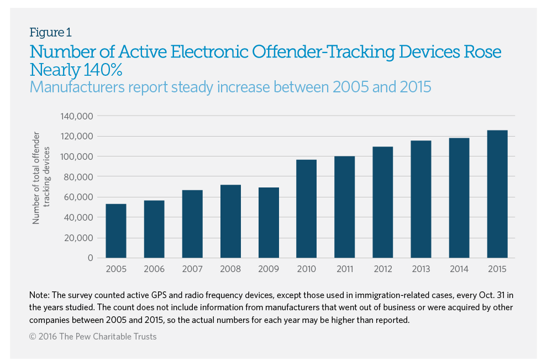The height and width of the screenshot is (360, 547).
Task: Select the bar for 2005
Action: click(116, 231)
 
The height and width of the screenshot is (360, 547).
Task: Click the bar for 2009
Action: click(269, 222)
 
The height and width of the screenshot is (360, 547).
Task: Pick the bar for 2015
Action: click(497, 194)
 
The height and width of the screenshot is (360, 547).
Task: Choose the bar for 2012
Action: click(383, 202)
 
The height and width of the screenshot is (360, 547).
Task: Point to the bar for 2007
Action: click(192, 224)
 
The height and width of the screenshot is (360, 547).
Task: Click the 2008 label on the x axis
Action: click(230, 269)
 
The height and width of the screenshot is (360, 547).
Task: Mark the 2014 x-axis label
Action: click(459, 269)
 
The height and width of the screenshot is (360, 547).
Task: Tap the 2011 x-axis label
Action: click(345, 269)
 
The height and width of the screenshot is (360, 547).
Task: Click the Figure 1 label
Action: click(50, 32)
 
